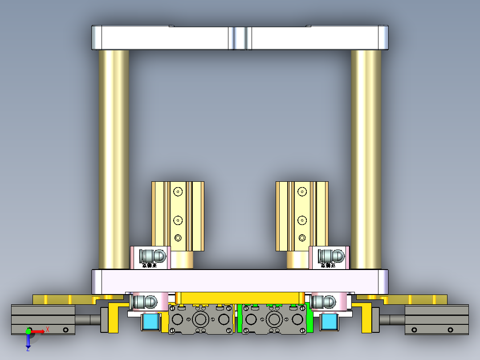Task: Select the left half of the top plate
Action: pos(163,38)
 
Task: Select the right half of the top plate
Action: pos(317,38)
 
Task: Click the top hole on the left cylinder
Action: pos(178,192)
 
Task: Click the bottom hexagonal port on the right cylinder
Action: pos(302,237)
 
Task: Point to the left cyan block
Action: pos(151,322)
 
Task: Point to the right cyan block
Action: pos(329,322)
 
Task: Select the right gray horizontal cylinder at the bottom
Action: pos(436,319)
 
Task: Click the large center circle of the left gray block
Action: pos(200,319)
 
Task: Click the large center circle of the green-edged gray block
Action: pos(274,319)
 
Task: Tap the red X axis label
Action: pos(47,329)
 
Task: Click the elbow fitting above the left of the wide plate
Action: pos(152,256)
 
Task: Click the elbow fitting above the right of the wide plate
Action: pos(331,256)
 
